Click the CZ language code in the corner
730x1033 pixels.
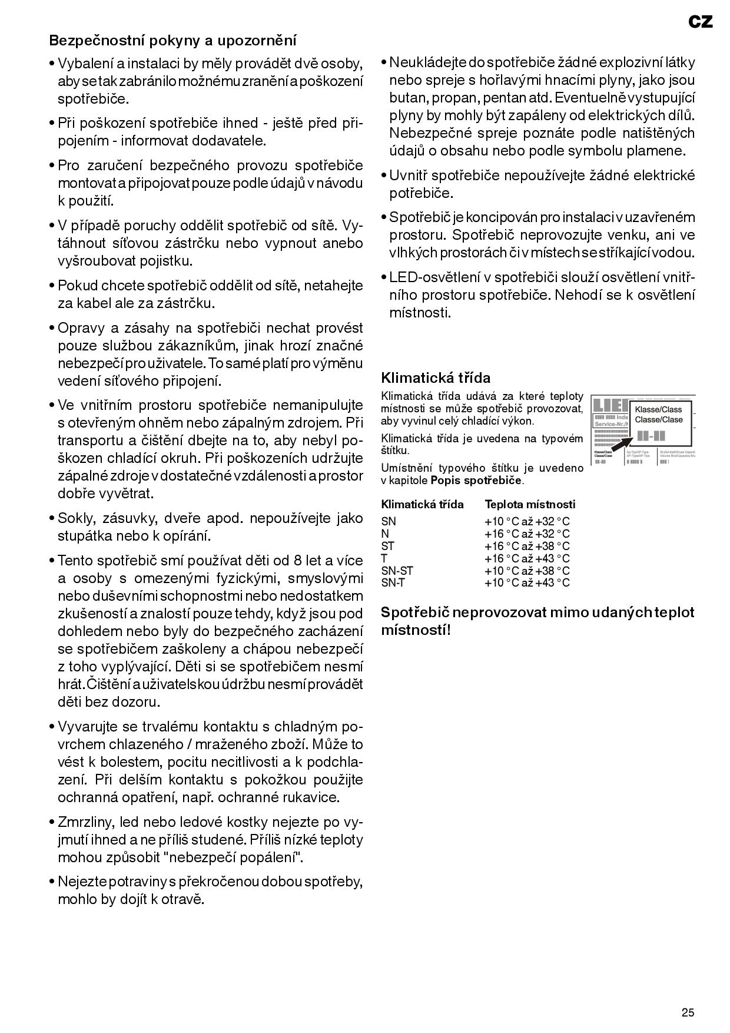coord(700,22)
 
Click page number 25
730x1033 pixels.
coord(688,1013)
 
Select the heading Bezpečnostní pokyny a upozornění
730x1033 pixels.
coord(173,41)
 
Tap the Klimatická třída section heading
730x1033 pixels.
coord(436,378)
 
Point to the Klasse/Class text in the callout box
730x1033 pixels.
coord(658,409)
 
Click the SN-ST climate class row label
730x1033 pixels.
coord(397,571)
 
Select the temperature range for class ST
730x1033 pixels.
coord(527,546)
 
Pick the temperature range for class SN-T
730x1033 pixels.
coord(527,583)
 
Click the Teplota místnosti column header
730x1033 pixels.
coord(530,504)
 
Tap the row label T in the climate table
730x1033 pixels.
coord(384,558)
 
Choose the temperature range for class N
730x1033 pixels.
coord(527,534)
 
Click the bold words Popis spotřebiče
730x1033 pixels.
coord(476,480)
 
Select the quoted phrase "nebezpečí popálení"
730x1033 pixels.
coord(235,857)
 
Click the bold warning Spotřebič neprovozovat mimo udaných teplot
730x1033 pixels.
coord(537,612)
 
